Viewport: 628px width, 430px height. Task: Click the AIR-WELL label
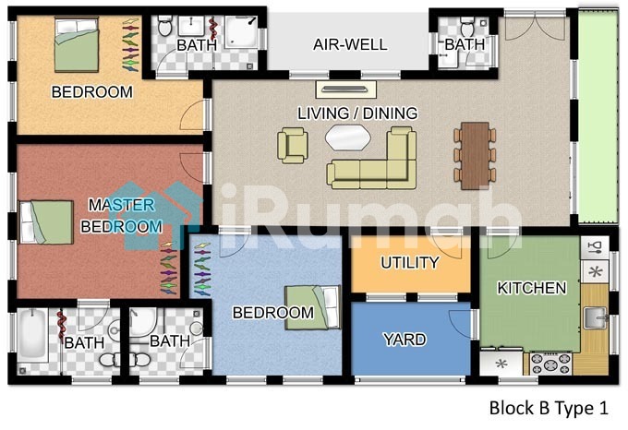tap(350, 44)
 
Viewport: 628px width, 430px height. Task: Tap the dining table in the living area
tap(475, 155)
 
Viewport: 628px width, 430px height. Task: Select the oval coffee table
tap(347, 137)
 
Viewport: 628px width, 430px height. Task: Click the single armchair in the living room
tap(293, 145)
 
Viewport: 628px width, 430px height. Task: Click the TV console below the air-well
tap(346, 90)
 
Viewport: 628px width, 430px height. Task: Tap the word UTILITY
tap(410, 263)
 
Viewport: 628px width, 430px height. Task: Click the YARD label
tap(405, 340)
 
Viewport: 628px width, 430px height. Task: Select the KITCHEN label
tap(532, 288)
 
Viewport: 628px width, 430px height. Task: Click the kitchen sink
tap(595, 318)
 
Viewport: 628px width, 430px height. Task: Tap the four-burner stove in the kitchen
tap(550, 364)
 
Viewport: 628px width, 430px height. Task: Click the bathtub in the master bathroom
tap(32, 336)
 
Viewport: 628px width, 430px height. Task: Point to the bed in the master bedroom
tap(46, 222)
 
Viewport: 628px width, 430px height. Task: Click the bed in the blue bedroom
tap(312, 307)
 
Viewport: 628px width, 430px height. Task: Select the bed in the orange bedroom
tap(77, 44)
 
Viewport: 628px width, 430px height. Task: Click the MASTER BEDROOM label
tap(122, 216)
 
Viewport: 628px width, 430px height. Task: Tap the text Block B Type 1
tap(549, 408)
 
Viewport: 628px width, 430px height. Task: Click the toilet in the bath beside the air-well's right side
tap(467, 27)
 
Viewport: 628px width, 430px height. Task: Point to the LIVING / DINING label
tap(357, 113)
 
